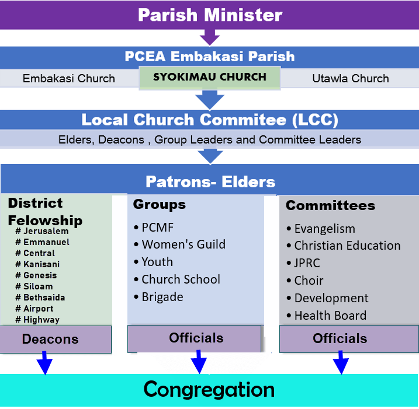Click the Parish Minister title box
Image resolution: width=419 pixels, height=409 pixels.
pyautogui.click(x=209, y=15)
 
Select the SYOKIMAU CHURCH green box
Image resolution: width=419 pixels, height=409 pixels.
pyautogui.click(x=210, y=78)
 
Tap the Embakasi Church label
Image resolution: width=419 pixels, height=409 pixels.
pyautogui.click(x=69, y=78)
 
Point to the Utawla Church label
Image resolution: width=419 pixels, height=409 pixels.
pyautogui.click(x=350, y=78)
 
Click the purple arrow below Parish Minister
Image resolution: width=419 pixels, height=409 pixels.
pyautogui.click(x=209, y=37)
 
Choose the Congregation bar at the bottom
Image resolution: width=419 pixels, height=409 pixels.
pyautogui.click(x=209, y=389)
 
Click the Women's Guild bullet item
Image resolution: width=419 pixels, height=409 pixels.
pyautogui.click(x=183, y=244)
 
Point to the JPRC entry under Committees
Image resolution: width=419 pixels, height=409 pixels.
pyautogui.click(x=307, y=263)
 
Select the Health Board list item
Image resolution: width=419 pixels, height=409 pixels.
pyautogui.click(x=330, y=316)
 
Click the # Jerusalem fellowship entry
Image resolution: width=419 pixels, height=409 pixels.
pyautogui.click(x=42, y=231)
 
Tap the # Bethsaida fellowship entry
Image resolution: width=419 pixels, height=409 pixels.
pyautogui.click(x=40, y=298)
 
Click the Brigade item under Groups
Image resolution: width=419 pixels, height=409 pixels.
pyautogui.click(x=162, y=297)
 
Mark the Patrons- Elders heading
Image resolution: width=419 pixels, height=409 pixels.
pyautogui.click(x=210, y=181)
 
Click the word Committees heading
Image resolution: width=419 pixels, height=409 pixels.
pyautogui.click(x=330, y=205)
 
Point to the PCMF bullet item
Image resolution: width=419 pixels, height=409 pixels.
pyautogui.click(x=157, y=228)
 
